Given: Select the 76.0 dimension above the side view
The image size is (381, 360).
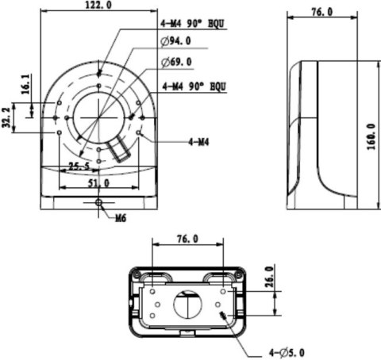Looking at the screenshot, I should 320,13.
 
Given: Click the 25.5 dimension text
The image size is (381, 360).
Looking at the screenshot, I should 78,167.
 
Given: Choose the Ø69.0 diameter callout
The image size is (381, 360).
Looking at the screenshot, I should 175,61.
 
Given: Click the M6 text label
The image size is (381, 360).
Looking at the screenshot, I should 121,216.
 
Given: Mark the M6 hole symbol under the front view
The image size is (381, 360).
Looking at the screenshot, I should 98,204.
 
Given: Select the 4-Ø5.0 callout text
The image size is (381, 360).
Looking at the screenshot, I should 287,351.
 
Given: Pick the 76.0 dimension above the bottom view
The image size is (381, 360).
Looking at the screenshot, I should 187,238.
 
